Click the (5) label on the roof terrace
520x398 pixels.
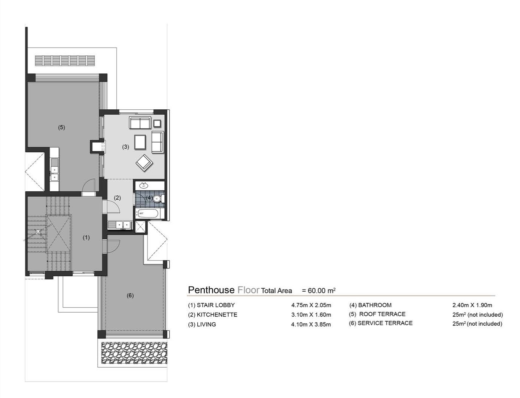pyautogui.click(x=61, y=127)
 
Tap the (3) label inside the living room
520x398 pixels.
pyautogui.click(x=125, y=147)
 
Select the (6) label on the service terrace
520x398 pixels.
pyautogui.click(x=130, y=295)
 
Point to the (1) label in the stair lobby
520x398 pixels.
pyautogui.click(x=86, y=237)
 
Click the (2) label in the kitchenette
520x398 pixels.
pyautogui.click(x=117, y=198)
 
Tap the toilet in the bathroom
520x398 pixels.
pyautogui.click(x=158, y=198)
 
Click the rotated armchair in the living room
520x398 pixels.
pyautogui.click(x=145, y=162)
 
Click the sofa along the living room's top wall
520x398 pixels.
pyautogui.click(x=140, y=122)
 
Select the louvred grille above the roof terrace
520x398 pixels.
pyautogui.click(x=65, y=60)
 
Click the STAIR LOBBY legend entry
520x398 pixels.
pyautogui.click(x=212, y=305)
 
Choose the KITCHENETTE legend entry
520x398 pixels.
pyautogui.click(x=213, y=315)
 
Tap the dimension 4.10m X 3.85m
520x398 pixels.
pyautogui.click(x=311, y=325)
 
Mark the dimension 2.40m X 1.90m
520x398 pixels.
pyautogui.click(x=472, y=305)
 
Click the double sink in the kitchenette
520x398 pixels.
pyautogui.click(x=119, y=225)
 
